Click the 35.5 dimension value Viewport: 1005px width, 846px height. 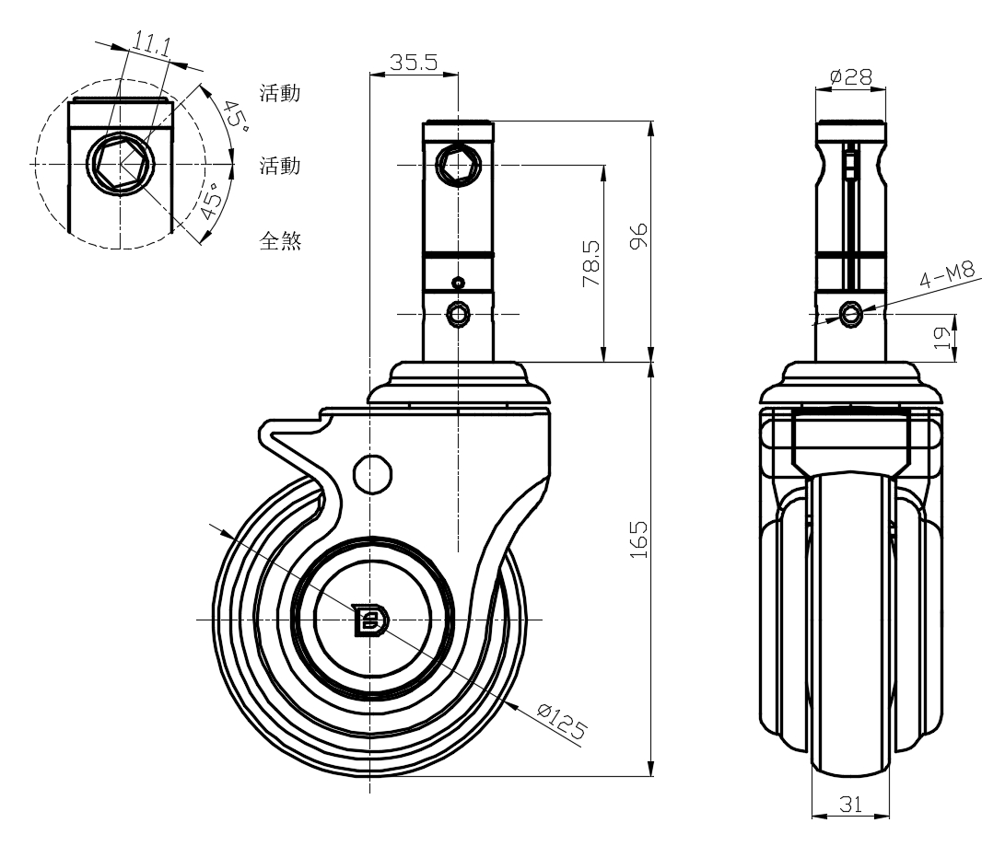(x=413, y=63)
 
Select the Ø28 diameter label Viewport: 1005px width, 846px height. (x=851, y=76)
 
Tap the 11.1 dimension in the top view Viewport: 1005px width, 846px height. (x=150, y=43)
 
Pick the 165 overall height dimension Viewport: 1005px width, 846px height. (x=641, y=539)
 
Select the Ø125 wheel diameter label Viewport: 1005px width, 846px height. (x=561, y=721)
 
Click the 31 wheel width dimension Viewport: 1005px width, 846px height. (x=851, y=805)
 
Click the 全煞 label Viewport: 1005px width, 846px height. (x=281, y=242)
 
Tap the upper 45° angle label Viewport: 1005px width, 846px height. (x=236, y=117)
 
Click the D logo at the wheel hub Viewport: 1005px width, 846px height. (x=371, y=620)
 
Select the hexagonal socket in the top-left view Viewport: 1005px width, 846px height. (x=119, y=164)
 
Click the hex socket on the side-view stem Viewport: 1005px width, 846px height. (x=458, y=165)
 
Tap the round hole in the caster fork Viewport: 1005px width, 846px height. (x=373, y=473)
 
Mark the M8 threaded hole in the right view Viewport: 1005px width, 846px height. (x=852, y=315)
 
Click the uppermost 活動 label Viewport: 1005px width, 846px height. (x=281, y=94)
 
